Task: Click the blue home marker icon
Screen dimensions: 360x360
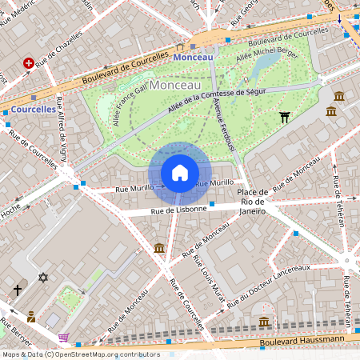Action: pyautogui.click(x=180, y=173)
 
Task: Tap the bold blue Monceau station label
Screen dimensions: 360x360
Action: pyautogui.click(x=193, y=57)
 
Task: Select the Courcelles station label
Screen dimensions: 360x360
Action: pyautogui.click(x=34, y=108)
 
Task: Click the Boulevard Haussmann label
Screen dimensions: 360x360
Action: pyautogui.click(x=303, y=340)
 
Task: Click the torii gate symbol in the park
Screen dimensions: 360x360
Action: pyautogui.click(x=284, y=118)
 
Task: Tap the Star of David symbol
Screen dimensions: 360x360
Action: pyautogui.click(x=44, y=278)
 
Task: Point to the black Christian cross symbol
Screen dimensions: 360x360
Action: pyautogui.click(x=18, y=290)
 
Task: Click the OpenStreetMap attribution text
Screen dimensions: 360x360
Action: pyautogui.click(x=81, y=354)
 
